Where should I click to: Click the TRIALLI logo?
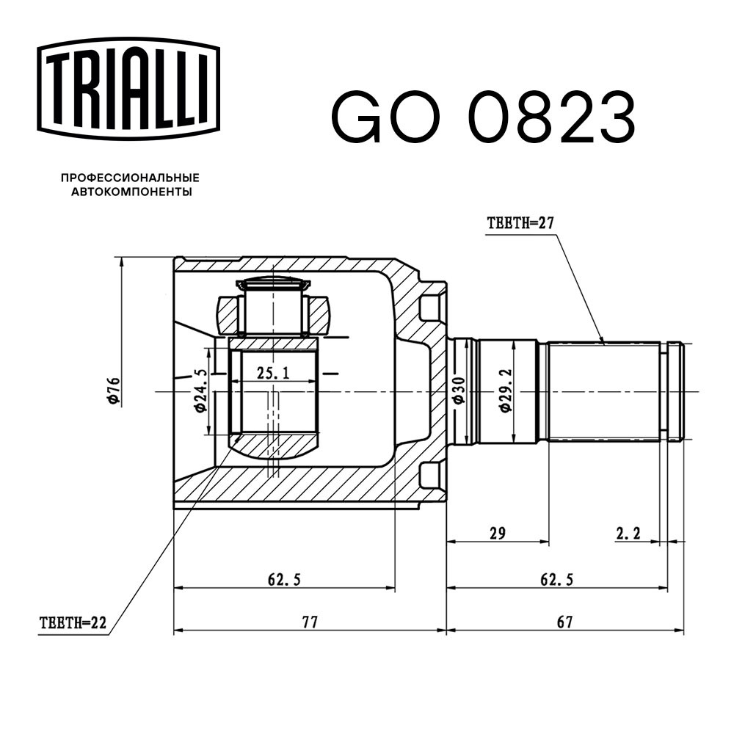[128, 89]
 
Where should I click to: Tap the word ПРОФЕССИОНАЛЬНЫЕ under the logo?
[130, 178]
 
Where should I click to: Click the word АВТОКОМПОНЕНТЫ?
[131, 192]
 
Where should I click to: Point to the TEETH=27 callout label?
[520, 223]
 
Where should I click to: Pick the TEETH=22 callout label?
[73, 622]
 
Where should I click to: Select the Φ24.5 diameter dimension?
[200, 390]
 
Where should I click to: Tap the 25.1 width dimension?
[273, 373]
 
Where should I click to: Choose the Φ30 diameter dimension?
[458, 390]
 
